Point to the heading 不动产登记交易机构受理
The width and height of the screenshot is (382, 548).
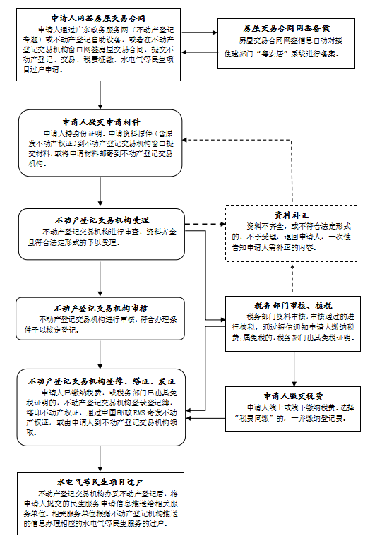[x=101, y=220]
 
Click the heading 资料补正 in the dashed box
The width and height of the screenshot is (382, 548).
[x=292, y=214]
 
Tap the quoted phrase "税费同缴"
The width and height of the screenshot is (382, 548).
[x=256, y=418]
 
